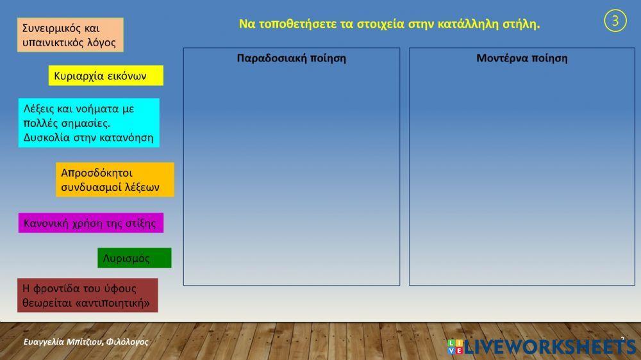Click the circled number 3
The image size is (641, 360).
(615, 21)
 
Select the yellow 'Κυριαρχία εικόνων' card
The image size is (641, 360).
(106, 76)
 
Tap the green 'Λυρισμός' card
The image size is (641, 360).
(134, 258)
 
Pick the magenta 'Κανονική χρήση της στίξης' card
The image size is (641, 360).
(90, 223)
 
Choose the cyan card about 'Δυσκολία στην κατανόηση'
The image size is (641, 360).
(88, 123)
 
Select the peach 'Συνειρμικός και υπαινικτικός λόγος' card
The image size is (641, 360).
(70, 35)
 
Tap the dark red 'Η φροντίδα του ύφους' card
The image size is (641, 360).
(87, 295)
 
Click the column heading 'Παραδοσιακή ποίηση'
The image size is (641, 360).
(291, 58)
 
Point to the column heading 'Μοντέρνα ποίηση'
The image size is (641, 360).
(522, 58)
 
